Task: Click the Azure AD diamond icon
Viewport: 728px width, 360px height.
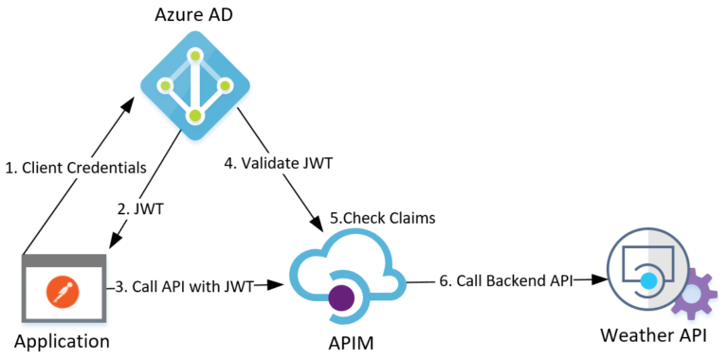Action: [194, 86]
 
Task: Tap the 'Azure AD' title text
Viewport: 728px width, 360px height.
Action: [194, 16]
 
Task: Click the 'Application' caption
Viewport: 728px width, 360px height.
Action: [62, 340]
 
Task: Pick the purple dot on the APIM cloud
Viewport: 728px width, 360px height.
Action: [341, 299]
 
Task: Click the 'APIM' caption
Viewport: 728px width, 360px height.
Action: [345, 340]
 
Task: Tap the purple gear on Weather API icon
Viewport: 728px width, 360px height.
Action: [694, 296]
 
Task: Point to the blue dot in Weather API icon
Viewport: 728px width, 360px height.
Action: [648, 281]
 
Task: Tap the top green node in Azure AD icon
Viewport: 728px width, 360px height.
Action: [194, 55]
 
